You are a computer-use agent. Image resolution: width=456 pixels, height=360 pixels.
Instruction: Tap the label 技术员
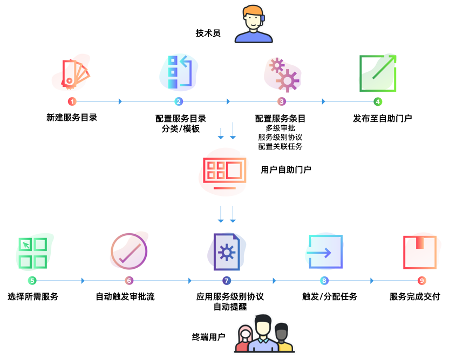tap(208, 33)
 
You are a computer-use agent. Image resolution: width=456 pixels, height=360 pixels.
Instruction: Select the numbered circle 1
tap(72, 101)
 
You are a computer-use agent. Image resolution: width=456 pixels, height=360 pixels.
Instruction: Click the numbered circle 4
tap(378, 101)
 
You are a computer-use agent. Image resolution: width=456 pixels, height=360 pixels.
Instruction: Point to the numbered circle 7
tap(227, 281)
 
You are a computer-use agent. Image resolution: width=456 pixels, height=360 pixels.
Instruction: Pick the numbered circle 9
tap(421, 281)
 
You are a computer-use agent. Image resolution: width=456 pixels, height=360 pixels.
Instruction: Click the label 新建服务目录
tap(72, 118)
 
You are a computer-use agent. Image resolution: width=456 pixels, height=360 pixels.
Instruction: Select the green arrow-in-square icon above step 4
tap(378, 73)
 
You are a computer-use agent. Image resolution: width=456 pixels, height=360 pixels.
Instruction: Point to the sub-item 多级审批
tap(280, 128)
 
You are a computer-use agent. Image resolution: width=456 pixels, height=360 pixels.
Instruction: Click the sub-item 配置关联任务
tap(280, 146)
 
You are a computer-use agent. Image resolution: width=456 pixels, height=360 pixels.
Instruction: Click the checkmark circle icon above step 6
tap(129, 252)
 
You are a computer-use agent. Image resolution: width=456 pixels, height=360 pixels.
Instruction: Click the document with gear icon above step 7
tap(227, 252)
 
